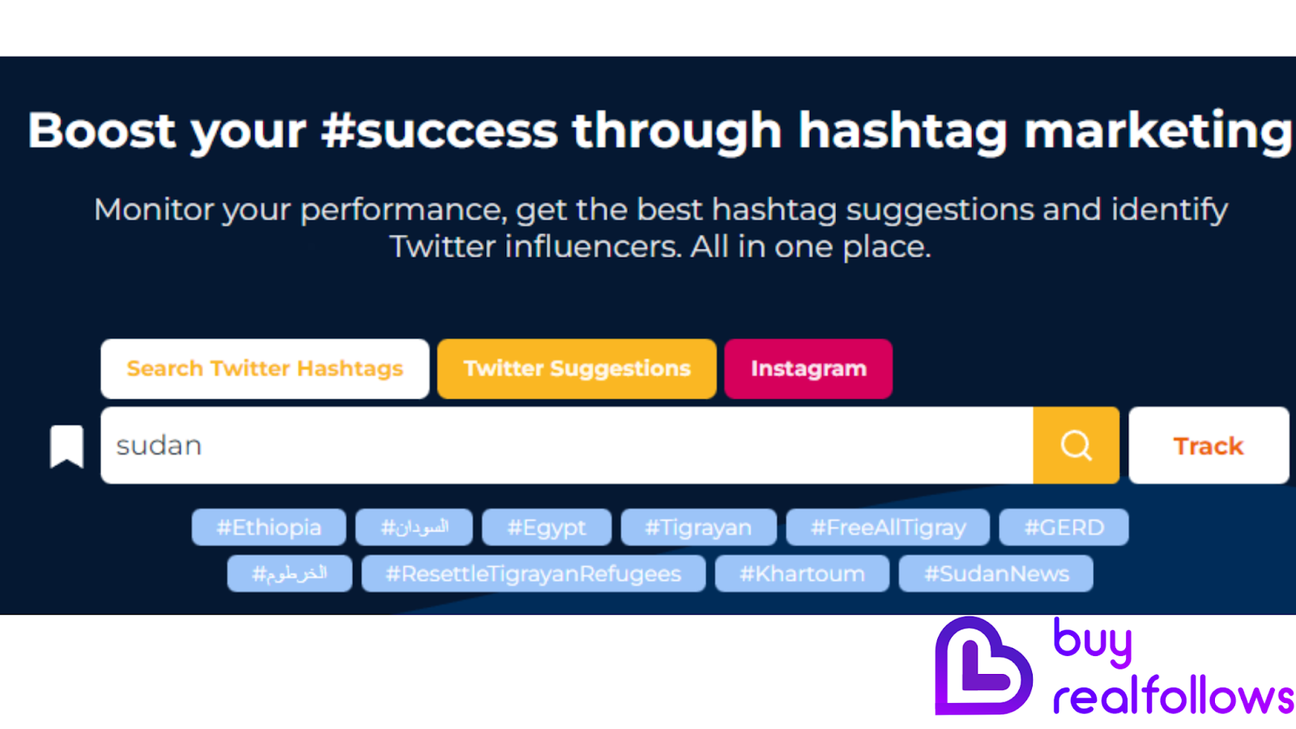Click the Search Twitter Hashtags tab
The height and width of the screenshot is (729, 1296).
(x=265, y=369)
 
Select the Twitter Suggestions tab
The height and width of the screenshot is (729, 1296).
(x=577, y=369)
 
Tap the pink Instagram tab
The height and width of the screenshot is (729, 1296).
(x=808, y=369)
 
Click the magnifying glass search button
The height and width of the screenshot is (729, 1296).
(x=1076, y=446)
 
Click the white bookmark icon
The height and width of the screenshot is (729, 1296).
(x=66, y=446)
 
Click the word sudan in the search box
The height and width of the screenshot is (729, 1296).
(x=159, y=446)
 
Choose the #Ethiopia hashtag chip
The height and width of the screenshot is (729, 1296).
(x=269, y=527)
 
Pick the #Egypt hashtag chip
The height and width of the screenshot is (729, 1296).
(x=547, y=527)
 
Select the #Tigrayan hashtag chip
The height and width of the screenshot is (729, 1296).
(x=698, y=527)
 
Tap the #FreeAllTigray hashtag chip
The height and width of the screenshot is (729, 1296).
(x=889, y=527)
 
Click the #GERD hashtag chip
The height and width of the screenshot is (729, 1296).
(x=1064, y=527)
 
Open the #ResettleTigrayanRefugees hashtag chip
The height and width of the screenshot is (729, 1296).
(x=534, y=573)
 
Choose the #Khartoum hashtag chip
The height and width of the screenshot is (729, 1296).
(x=802, y=573)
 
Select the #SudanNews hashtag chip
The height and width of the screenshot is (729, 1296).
(x=996, y=573)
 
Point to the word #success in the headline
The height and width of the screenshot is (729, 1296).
(x=440, y=130)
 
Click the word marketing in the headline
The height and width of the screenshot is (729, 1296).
(x=1158, y=130)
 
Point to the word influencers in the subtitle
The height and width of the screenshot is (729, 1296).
(x=592, y=246)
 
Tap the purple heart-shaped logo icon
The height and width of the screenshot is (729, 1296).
(x=983, y=667)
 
